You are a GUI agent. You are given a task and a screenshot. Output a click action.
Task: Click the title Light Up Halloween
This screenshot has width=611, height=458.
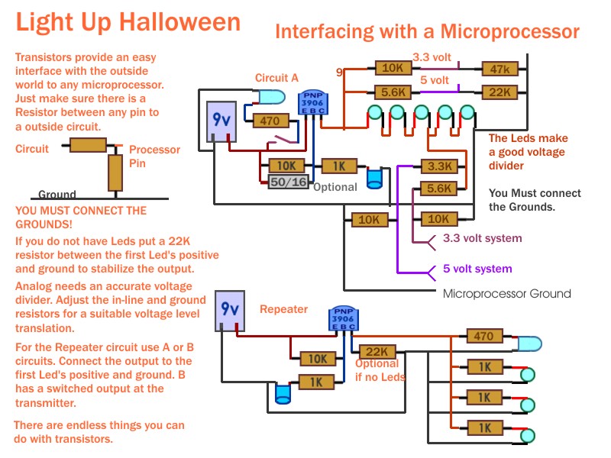(128, 22)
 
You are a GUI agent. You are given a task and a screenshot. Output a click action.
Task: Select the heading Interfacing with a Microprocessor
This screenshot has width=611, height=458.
(427, 31)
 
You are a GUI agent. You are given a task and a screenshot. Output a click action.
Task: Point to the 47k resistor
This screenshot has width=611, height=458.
(500, 69)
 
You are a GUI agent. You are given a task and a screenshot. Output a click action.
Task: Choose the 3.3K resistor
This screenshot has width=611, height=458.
(439, 166)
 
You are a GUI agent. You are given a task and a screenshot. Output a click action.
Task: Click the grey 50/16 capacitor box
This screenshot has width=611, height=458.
(288, 182)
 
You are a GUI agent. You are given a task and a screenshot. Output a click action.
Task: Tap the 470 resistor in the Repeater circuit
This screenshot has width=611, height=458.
(483, 337)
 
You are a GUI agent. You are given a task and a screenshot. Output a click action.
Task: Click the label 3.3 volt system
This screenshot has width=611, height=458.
(482, 239)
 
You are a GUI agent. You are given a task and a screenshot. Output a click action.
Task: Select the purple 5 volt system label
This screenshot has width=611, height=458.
(477, 269)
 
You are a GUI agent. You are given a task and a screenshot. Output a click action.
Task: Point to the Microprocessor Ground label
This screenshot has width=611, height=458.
(506, 294)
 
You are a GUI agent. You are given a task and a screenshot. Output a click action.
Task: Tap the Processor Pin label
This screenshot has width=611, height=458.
(154, 156)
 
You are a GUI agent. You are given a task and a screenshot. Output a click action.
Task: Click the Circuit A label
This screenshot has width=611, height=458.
(276, 78)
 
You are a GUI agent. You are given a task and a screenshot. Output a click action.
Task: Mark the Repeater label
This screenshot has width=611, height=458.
(283, 310)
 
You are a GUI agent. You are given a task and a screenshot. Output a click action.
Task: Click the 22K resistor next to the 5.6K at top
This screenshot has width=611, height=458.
(500, 92)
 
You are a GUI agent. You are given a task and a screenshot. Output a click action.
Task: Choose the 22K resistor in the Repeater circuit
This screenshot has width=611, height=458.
(377, 351)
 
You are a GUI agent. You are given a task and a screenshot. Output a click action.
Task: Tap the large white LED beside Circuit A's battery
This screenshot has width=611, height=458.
(269, 98)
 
